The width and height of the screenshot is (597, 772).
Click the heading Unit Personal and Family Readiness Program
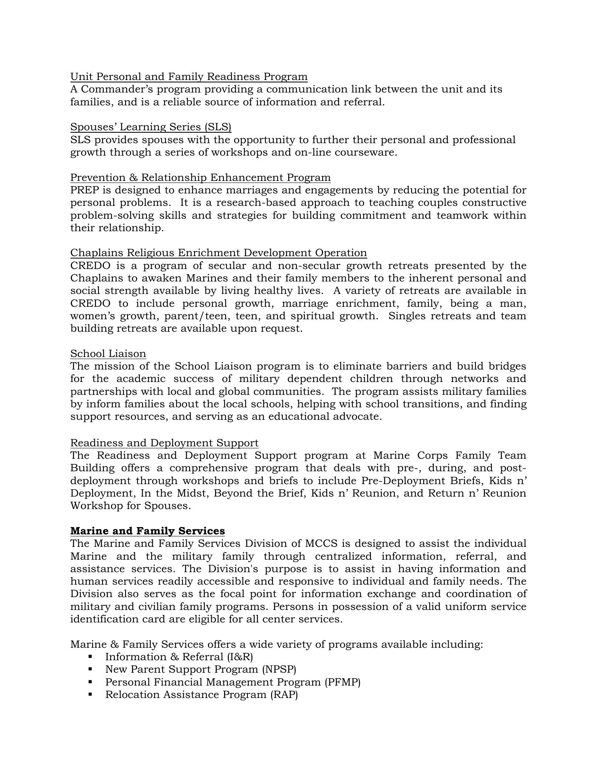pyautogui.click(x=189, y=76)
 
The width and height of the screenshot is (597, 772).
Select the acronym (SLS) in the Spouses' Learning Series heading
pyautogui.click(x=218, y=127)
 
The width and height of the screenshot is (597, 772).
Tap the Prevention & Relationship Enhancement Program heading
pyautogui.click(x=200, y=177)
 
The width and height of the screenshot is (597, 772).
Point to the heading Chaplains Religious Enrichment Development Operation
pyautogui.click(x=218, y=253)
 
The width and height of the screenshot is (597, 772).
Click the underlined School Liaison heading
pyautogui.click(x=108, y=354)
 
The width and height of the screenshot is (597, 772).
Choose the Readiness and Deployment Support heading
pyautogui.click(x=164, y=443)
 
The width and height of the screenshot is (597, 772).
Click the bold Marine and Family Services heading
pyautogui.click(x=147, y=531)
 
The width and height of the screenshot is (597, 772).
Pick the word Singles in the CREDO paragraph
pyautogui.click(x=407, y=316)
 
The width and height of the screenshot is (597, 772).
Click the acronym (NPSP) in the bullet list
pyautogui.click(x=279, y=669)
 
